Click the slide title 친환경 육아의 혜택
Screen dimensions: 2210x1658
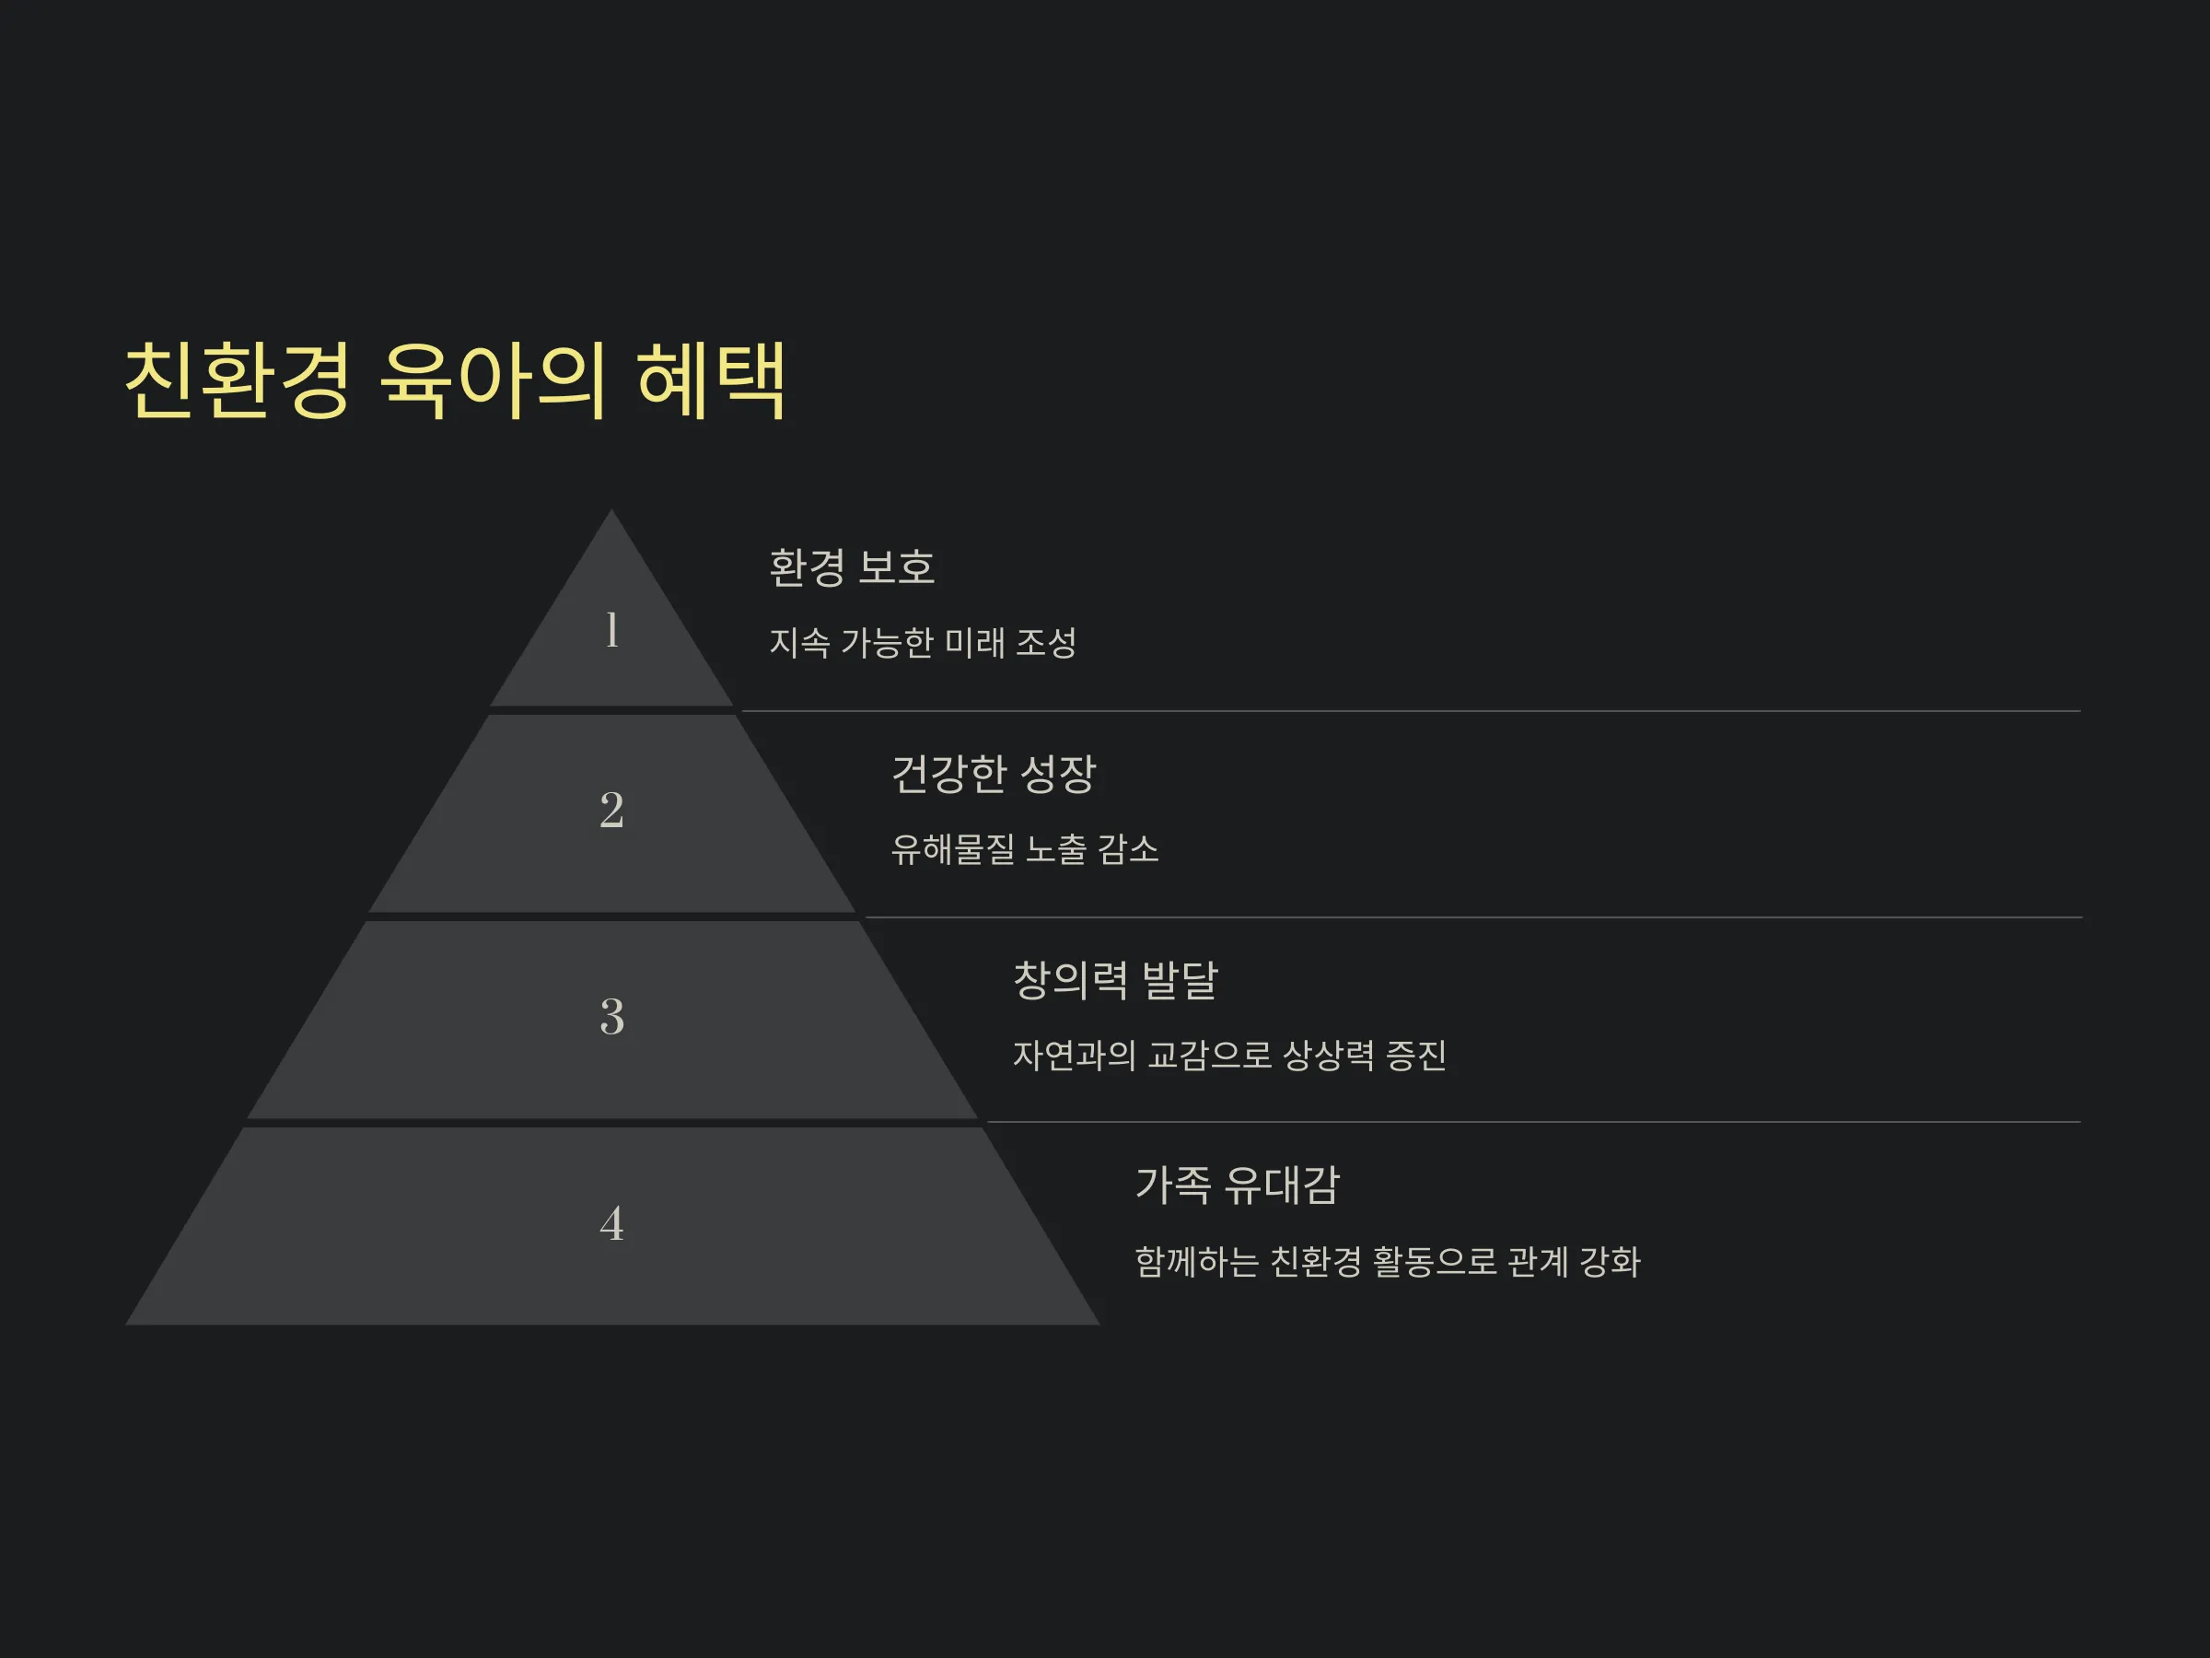click(x=455, y=379)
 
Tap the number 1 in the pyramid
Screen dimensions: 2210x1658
click(x=611, y=631)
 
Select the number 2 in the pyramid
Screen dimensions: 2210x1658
click(x=611, y=810)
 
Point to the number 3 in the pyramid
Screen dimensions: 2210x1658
click(x=611, y=1016)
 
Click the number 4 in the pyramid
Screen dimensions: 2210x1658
click(x=611, y=1223)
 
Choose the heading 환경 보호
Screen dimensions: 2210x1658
click(x=851, y=566)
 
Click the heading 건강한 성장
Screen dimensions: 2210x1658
click(x=993, y=773)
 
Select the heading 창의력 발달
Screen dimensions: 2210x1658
click(x=1115, y=979)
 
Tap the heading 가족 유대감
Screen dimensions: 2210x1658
click(x=1237, y=1185)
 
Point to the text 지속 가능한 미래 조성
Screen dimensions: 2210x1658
click(x=922, y=642)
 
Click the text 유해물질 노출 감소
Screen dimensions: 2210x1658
click(x=1024, y=848)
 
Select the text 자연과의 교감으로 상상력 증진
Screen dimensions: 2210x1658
click(x=1229, y=1055)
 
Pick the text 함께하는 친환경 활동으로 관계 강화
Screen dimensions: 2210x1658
click(x=1387, y=1261)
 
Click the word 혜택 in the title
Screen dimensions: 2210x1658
click(x=712, y=379)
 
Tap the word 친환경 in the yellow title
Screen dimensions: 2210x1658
click(x=238, y=379)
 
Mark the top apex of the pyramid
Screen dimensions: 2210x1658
click(x=611, y=509)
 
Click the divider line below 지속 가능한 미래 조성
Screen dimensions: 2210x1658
click(x=1411, y=710)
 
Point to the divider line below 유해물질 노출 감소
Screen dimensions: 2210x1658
click(x=1472, y=917)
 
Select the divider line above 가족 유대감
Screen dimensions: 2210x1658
click(x=1533, y=1121)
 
